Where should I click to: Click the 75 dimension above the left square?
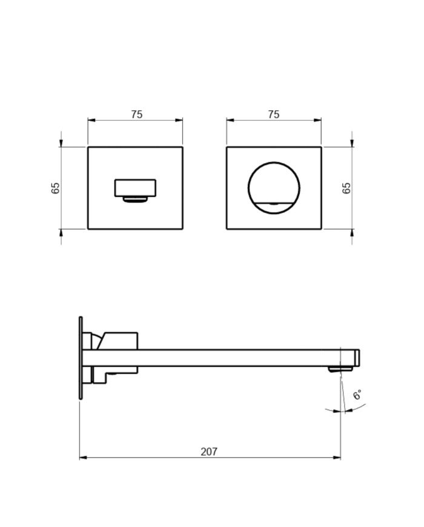click(x=136, y=115)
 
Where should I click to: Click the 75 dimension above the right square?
click(x=273, y=115)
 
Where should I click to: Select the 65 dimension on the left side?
click(x=56, y=187)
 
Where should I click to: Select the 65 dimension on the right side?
click(x=347, y=187)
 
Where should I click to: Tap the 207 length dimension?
click(x=209, y=452)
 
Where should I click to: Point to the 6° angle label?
click(x=357, y=395)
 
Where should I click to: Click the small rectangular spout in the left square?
click(x=136, y=187)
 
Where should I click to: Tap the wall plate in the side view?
click(x=81, y=358)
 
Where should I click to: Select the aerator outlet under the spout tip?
click(x=335, y=369)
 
